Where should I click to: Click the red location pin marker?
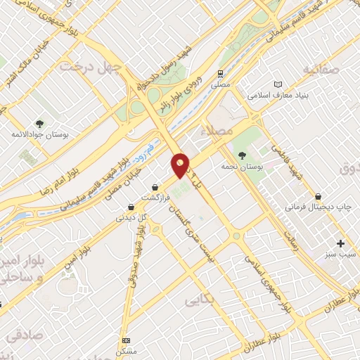click(181, 165)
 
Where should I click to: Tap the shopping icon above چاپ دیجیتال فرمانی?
click(319, 196)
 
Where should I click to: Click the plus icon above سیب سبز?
click(341, 243)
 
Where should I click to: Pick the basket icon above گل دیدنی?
click(131, 207)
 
